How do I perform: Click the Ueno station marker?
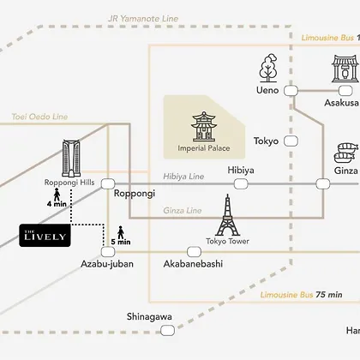(291, 91)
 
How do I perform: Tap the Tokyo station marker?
(291, 141)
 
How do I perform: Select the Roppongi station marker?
(108, 184)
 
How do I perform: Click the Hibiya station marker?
(241, 184)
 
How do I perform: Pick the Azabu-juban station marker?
(108, 252)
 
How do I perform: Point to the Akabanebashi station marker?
(194, 252)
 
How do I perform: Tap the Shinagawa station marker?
(167, 331)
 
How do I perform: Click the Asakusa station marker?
(345, 91)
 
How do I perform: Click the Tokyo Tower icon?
(227, 215)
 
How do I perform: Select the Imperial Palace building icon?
(203, 127)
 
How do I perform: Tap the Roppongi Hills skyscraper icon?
(71, 159)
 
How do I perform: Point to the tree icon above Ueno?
(268, 68)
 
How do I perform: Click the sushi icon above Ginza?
(346, 153)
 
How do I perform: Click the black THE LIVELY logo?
(45, 236)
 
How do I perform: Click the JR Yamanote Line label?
(143, 19)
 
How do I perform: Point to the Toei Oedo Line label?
(39, 117)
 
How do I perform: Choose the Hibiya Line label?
(183, 177)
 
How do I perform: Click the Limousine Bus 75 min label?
(302, 295)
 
